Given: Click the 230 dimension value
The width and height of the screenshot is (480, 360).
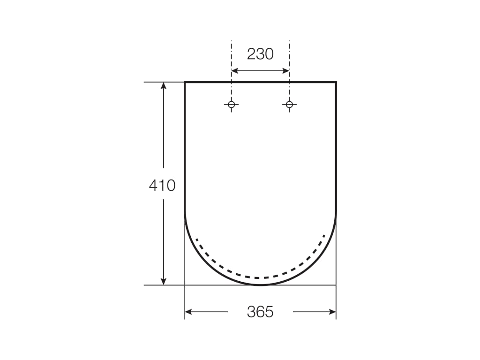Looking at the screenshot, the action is click(260, 54).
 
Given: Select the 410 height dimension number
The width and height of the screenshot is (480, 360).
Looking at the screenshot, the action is click(162, 185).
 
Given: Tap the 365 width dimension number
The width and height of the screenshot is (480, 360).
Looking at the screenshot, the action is click(260, 312).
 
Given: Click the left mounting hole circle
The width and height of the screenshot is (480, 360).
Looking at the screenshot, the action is click(232, 105).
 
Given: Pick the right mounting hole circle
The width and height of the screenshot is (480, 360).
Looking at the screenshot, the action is click(289, 105).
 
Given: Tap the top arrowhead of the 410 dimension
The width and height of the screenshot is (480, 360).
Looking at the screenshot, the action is click(164, 86).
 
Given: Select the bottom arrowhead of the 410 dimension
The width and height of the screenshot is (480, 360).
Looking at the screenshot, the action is click(164, 281).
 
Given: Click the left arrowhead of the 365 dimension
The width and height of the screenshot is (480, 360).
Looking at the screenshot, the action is click(188, 312).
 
